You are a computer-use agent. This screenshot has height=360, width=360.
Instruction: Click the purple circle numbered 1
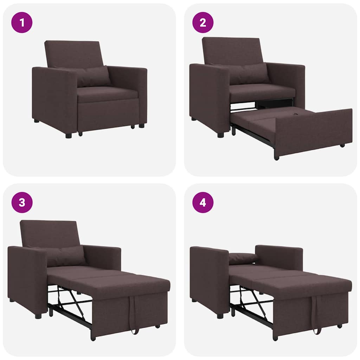pos(22,22)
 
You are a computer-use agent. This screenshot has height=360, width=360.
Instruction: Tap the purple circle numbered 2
pos(203,22)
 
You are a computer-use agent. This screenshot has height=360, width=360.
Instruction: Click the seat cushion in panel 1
pos(107,94)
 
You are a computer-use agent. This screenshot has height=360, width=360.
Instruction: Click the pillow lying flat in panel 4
pos(243,258)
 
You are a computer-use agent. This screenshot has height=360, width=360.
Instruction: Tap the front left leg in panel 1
pos(68,135)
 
